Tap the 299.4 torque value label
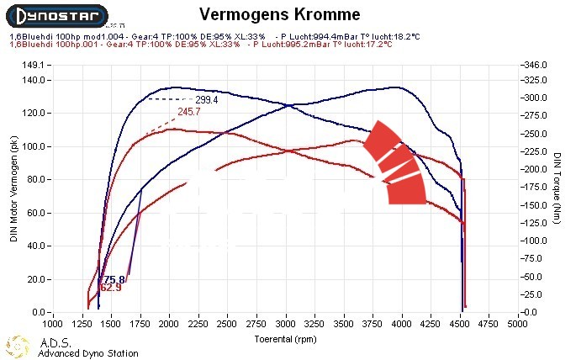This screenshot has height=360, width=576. pyautogui.click(x=207, y=100)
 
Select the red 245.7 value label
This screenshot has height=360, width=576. pyautogui.click(x=189, y=112)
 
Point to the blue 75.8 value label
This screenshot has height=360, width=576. pyautogui.click(x=114, y=279)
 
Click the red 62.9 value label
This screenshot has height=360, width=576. pyautogui.click(x=110, y=288)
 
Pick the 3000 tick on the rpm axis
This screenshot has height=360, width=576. pyautogui.click(x=286, y=322)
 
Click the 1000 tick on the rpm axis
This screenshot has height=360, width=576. pyautogui.click(x=52, y=322)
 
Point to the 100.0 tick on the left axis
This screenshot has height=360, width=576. pyautogui.click(x=32, y=146)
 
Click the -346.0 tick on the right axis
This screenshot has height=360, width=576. pyautogui.click(x=536, y=65)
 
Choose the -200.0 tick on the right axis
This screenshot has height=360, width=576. pyautogui.click(x=536, y=169)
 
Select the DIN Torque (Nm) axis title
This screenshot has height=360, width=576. pyautogui.click(x=558, y=188)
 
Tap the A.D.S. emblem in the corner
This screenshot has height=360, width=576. pyautogui.click(x=18, y=345)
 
